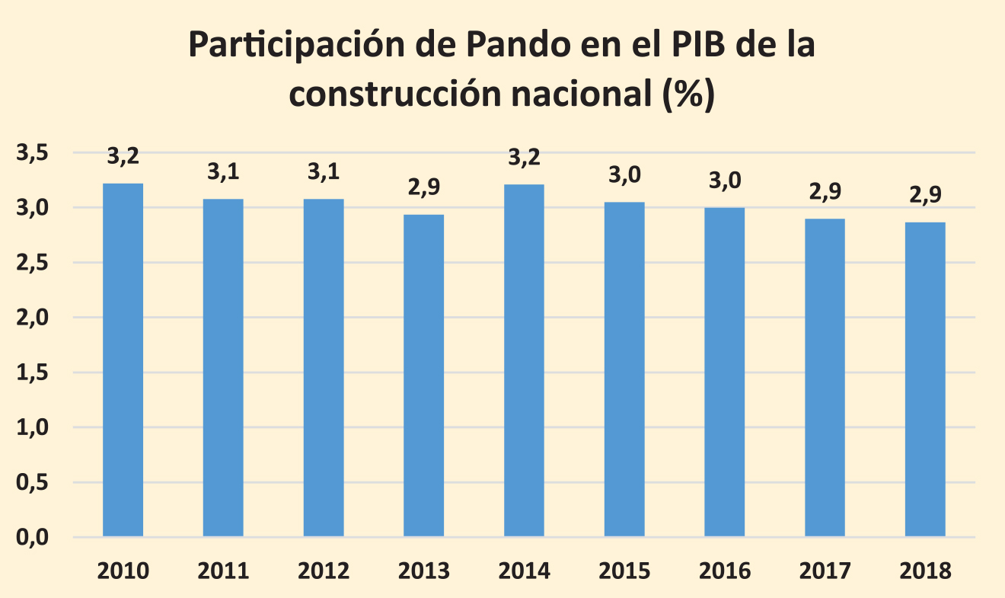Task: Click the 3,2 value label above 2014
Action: click(x=524, y=158)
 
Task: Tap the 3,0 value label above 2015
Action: click(x=624, y=175)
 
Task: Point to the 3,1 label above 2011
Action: click(x=223, y=172)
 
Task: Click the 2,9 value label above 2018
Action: click(x=925, y=195)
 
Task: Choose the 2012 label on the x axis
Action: click(x=324, y=571)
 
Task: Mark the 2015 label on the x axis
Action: click(x=624, y=571)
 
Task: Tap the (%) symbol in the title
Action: click(x=688, y=95)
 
